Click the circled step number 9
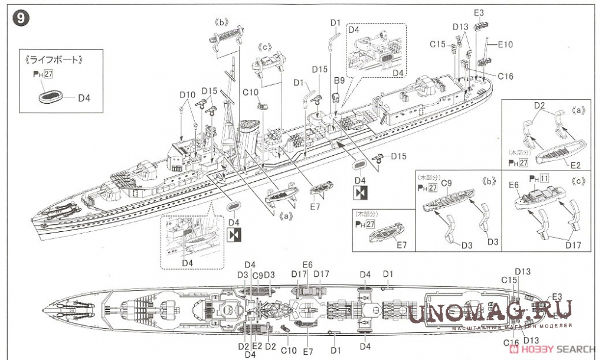point(19,18)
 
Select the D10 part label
point(187,94)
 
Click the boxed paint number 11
point(545,178)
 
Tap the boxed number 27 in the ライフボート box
point(49,74)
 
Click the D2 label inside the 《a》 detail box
point(539,105)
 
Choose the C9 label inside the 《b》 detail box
point(447,183)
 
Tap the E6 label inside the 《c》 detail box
point(513,185)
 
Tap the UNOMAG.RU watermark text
point(490,312)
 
